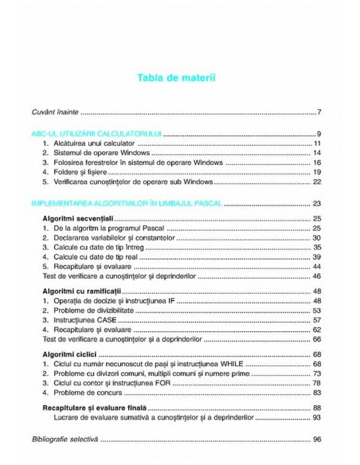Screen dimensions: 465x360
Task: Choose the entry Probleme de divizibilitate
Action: point(104,311)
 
